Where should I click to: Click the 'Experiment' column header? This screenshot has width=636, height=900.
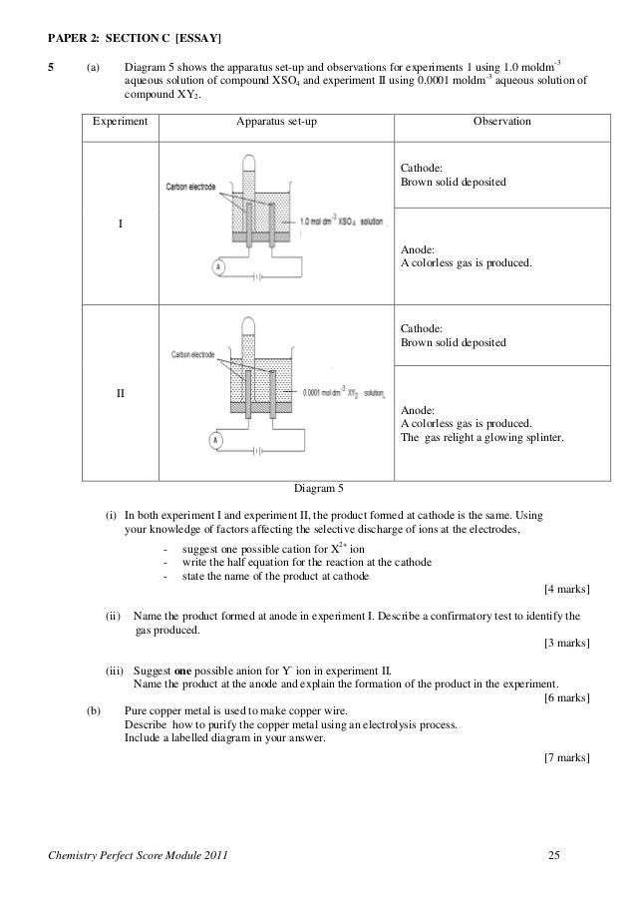(x=121, y=121)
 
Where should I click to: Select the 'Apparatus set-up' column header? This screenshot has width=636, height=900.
(x=277, y=121)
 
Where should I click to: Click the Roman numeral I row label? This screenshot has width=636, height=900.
(x=122, y=224)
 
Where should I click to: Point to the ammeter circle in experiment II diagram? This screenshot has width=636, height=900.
(x=214, y=440)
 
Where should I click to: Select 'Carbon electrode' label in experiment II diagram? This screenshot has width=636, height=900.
(x=194, y=355)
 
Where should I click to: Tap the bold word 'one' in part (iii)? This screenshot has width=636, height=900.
(x=183, y=671)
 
